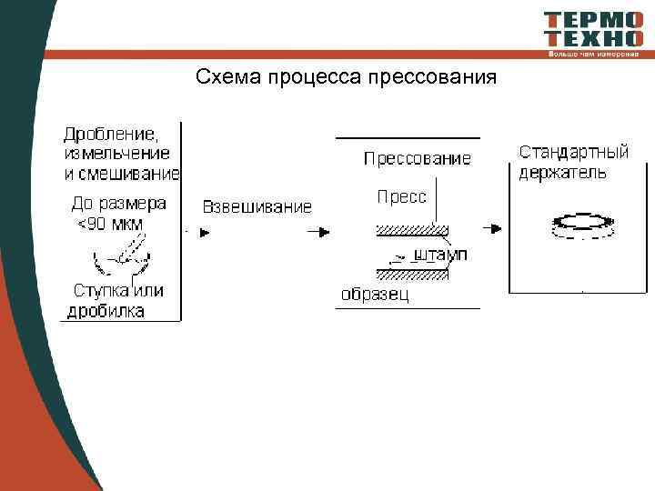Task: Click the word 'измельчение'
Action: point(116,154)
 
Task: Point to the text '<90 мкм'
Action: point(110,224)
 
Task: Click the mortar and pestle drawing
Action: point(121,258)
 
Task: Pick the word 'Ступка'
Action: point(101,292)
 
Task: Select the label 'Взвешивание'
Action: point(257,206)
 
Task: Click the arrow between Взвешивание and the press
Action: point(318,231)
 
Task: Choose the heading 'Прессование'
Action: point(418,159)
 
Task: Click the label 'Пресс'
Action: point(401,196)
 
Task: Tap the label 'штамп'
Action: point(440,256)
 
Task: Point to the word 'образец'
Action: point(375,294)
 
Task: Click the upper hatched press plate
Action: point(409,229)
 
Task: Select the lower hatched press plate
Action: point(409,273)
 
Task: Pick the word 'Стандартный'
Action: point(573,152)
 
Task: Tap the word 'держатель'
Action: point(562,172)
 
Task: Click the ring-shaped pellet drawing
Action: point(580,224)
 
